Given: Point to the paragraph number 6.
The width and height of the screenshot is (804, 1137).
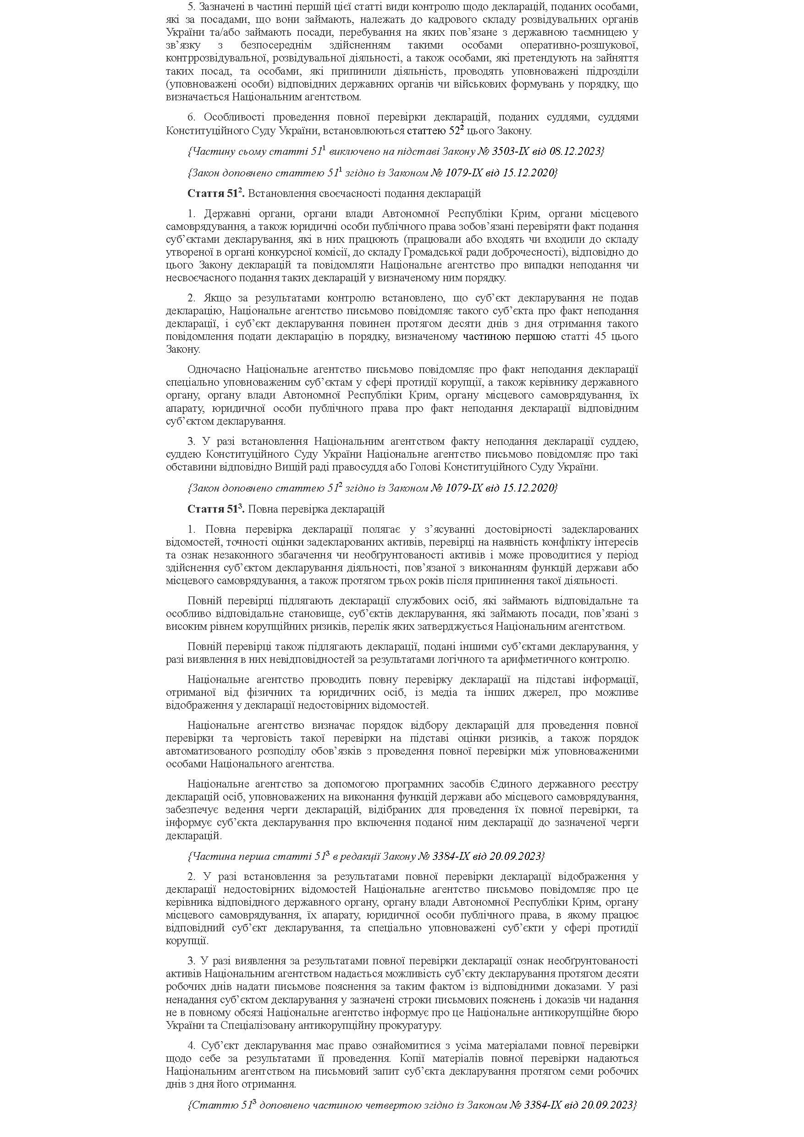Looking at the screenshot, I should (191, 117).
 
